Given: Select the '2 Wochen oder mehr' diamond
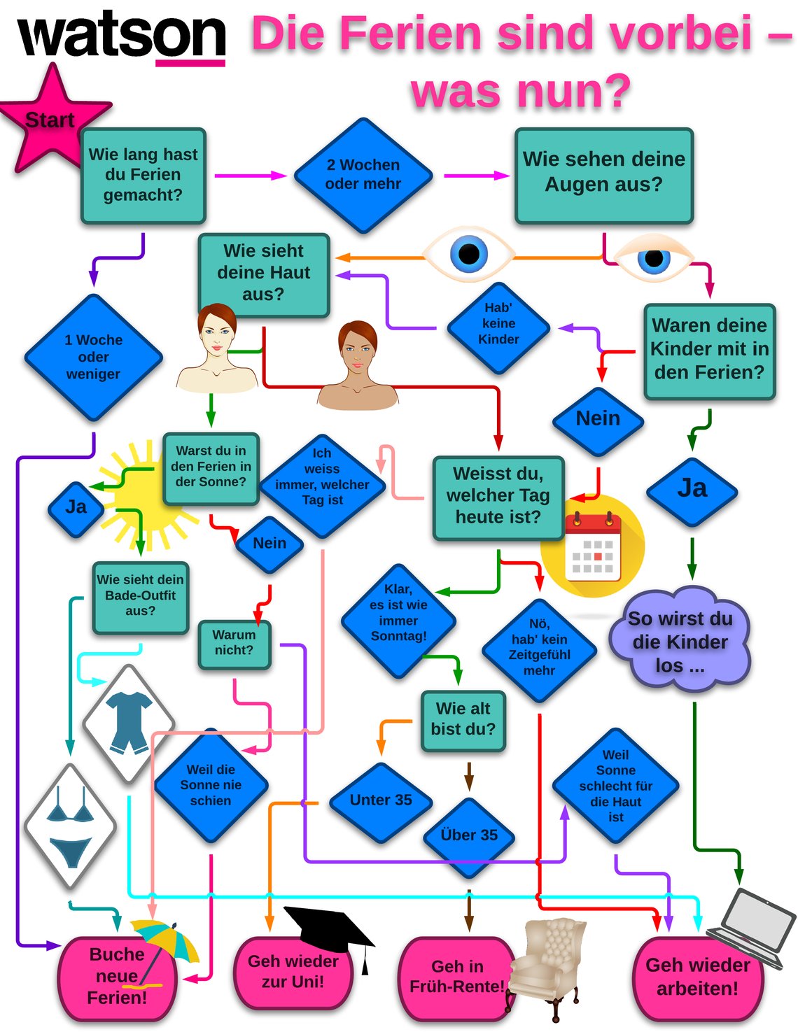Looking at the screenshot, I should [x=363, y=175].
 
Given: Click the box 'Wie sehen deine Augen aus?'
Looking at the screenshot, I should [x=603, y=175].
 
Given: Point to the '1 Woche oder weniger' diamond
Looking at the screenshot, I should [x=93, y=357].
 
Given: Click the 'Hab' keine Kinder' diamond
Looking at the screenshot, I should [x=498, y=324].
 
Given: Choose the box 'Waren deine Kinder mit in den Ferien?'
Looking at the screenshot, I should [x=709, y=350].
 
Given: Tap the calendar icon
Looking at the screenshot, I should [x=593, y=547].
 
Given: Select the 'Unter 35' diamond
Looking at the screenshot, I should [x=380, y=800].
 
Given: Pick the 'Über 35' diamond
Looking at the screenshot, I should [x=468, y=835].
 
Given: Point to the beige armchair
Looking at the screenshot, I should [x=549, y=962].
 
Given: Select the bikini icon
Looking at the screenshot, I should [x=70, y=826].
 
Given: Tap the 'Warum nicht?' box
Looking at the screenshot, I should [x=234, y=643].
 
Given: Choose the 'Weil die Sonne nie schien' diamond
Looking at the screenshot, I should [x=211, y=785].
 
